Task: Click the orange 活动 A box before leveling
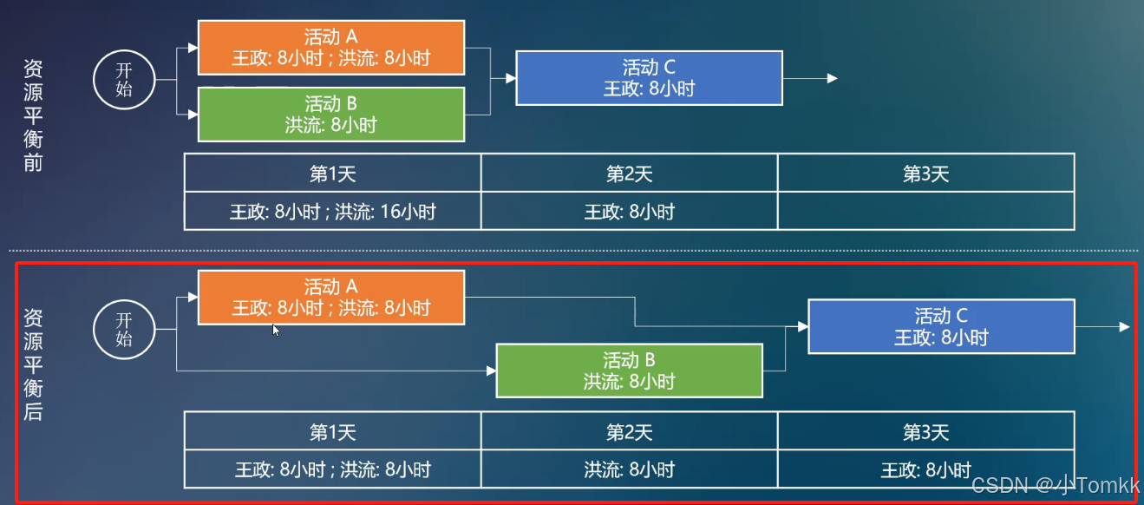(x=331, y=48)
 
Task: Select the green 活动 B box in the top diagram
(x=331, y=114)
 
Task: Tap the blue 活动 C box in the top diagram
(x=649, y=77)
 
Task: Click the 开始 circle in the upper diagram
(x=124, y=81)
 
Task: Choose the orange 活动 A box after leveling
(x=331, y=297)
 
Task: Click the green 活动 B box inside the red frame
(x=629, y=371)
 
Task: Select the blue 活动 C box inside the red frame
(x=941, y=326)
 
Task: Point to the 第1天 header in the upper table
(x=333, y=174)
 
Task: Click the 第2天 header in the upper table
(x=630, y=174)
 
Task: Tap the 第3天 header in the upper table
(x=926, y=174)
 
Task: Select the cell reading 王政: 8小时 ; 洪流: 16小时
(x=333, y=211)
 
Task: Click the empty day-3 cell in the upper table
(x=926, y=211)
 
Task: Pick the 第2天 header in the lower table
(x=630, y=431)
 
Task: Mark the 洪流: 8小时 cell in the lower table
(x=630, y=469)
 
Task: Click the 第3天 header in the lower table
(x=926, y=431)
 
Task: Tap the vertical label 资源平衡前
(x=33, y=116)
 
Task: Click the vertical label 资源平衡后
(x=33, y=364)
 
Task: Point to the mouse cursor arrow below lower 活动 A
(x=276, y=330)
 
